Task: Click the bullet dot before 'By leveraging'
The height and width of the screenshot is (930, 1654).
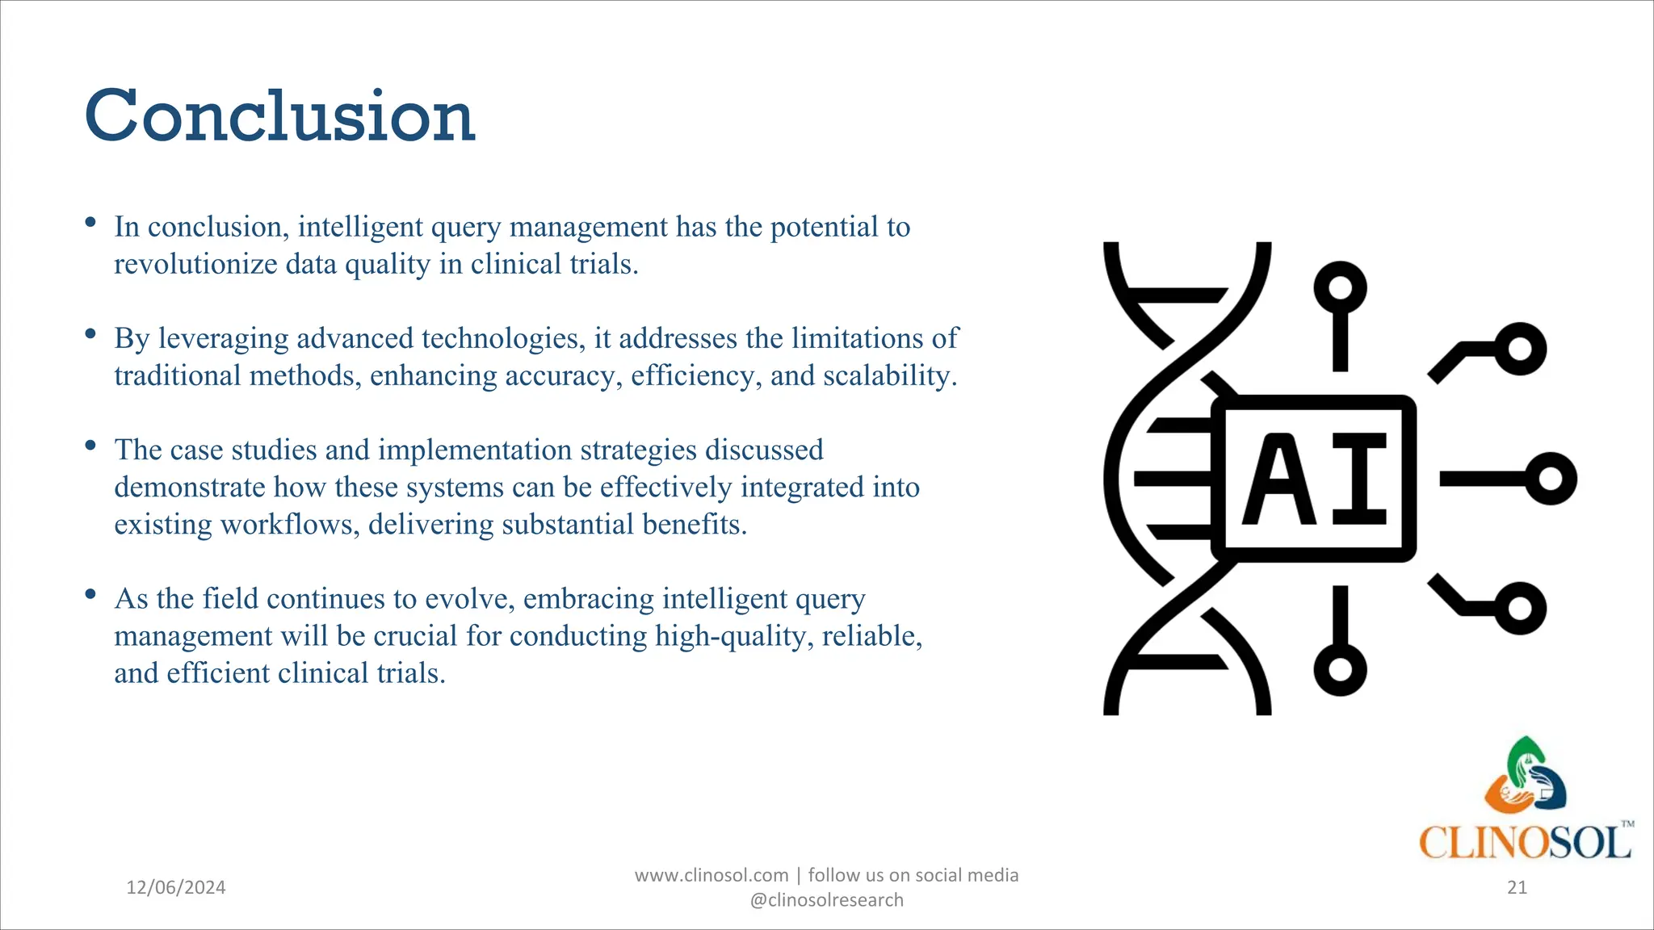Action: point(90,333)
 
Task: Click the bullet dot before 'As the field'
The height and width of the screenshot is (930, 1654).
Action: point(90,595)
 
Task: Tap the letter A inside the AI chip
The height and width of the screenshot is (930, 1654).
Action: point(1278,480)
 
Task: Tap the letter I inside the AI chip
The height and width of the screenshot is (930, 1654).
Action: point(1359,480)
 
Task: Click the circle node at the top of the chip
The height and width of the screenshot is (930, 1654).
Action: point(1340,288)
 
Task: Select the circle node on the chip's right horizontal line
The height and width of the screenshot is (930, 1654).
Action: point(1551,479)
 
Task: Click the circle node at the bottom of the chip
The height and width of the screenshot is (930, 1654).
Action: point(1340,669)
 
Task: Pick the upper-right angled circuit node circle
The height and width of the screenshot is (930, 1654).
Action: point(1519,349)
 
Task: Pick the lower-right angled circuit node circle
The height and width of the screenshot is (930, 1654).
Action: point(1519,608)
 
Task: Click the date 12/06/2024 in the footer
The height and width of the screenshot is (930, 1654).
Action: point(176,887)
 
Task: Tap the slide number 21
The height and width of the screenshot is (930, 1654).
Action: point(1517,887)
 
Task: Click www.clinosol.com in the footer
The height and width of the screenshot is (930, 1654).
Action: point(711,875)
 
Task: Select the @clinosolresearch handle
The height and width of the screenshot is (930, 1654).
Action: point(826,900)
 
